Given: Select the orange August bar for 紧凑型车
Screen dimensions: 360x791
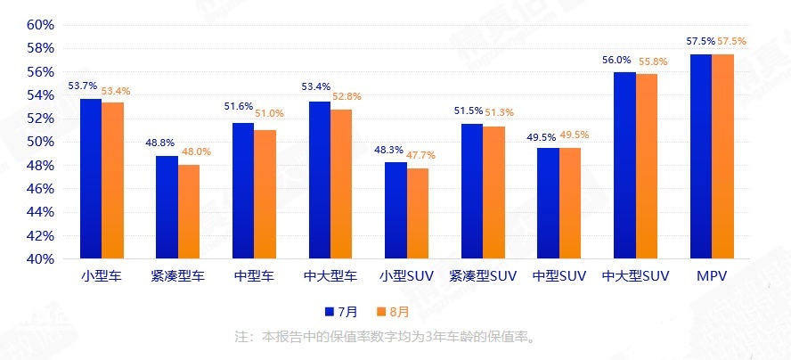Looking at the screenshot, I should tap(189, 211).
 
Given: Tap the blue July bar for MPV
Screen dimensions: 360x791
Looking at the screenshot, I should tap(700, 156).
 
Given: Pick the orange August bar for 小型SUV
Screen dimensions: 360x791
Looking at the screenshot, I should tap(418, 213).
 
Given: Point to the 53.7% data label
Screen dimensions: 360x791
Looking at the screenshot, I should tap(82, 86).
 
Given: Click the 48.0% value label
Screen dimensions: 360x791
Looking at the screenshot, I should tap(196, 151).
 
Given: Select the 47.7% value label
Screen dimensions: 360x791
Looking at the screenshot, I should tap(424, 154).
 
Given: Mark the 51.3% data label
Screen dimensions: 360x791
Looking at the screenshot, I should tap(499, 112).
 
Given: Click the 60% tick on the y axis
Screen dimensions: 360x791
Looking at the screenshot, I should tap(41, 24).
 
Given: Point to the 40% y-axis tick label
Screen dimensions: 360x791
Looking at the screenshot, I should tap(41, 259).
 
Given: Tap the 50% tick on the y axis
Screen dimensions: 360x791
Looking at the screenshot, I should tap(41, 142).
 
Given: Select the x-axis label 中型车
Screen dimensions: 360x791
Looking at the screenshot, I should tap(254, 276).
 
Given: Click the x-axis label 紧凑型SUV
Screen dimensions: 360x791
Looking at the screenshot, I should tap(483, 276).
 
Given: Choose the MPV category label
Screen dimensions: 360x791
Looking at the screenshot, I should tap(712, 276).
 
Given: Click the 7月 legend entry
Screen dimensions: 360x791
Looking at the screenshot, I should tap(342, 312).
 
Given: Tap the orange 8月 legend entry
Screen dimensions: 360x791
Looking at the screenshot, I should tap(393, 312).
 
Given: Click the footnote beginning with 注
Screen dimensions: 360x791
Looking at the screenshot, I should tap(384, 337).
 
